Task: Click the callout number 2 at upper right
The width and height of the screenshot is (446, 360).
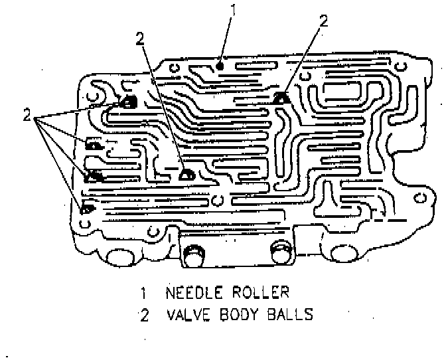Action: (x=323, y=21)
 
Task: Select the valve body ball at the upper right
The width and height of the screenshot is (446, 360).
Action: (x=281, y=98)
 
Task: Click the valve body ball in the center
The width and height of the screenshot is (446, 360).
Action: (x=186, y=175)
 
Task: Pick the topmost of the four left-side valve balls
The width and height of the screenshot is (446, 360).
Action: (x=127, y=102)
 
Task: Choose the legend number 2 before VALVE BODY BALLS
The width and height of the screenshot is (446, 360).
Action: (x=144, y=314)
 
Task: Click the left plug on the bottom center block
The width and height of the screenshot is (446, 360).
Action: (x=193, y=252)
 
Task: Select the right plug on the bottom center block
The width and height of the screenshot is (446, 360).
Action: (x=279, y=252)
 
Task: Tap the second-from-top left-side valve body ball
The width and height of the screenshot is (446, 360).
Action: (x=94, y=144)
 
